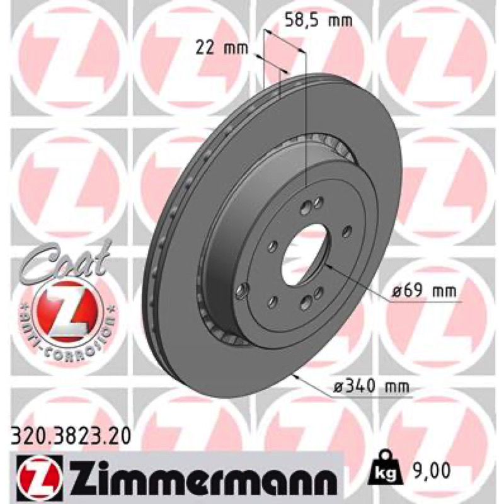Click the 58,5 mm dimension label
319,21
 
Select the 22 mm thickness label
222,49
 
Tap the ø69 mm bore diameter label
424,292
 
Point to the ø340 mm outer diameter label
371,386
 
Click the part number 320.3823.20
71,437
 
